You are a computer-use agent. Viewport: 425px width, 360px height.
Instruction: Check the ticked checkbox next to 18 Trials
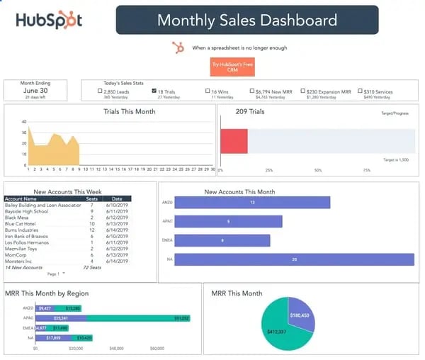click(155, 91)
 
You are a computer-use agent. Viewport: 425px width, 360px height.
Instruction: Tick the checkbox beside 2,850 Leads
click(101, 91)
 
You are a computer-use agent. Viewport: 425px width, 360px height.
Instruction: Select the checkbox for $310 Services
click(360, 91)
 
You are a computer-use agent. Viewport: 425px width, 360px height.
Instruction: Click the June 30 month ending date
click(35, 91)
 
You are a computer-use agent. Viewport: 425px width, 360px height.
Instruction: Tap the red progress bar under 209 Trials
click(234, 141)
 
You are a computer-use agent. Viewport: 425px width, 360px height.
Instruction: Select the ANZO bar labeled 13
click(252, 203)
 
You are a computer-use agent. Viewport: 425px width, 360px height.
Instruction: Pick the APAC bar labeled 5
click(228, 222)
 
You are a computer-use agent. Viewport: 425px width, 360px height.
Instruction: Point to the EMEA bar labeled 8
click(222, 240)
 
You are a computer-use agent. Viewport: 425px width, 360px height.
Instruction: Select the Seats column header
click(91, 199)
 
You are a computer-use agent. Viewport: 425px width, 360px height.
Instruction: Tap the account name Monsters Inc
click(21, 261)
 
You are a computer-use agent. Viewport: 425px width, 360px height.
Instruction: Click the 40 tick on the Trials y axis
click(24, 121)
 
